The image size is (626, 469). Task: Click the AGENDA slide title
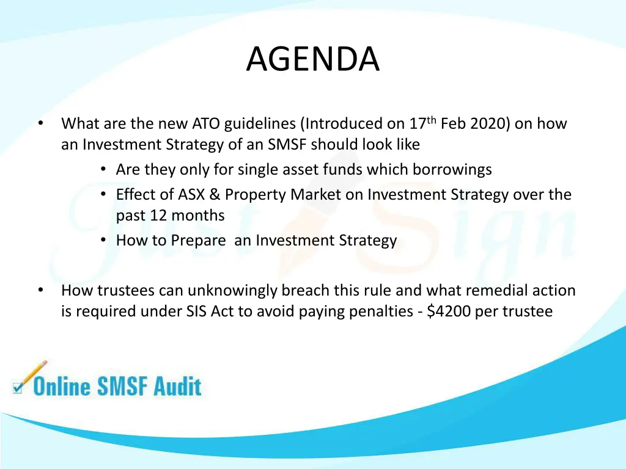click(312, 59)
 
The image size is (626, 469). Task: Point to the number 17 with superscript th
click(422, 124)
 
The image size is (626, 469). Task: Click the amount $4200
click(449, 311)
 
